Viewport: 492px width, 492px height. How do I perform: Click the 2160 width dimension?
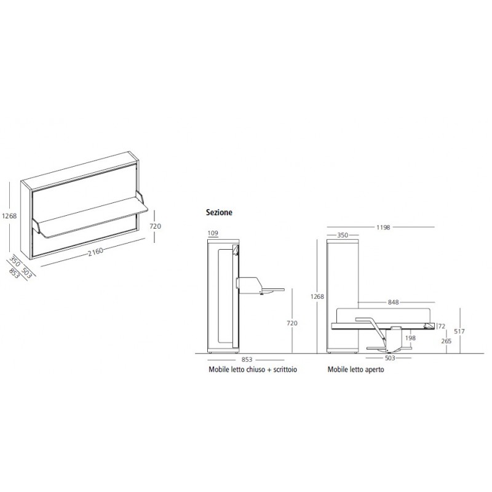point(95,252)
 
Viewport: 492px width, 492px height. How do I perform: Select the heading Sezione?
point(219,212)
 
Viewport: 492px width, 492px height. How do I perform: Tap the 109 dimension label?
point(213,233)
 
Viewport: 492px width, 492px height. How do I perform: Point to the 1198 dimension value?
point(383,227)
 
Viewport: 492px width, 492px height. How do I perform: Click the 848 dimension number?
point(393,302)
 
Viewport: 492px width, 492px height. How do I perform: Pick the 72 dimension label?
point(442,327)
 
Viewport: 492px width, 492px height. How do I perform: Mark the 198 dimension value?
point(410,338)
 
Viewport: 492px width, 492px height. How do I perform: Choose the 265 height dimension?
point(446,341)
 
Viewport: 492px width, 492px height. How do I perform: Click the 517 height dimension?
point(459,331)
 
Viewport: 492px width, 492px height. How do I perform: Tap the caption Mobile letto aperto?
point(356,370)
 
